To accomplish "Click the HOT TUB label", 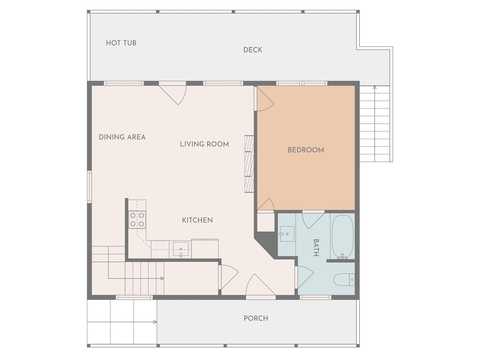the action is pyautogui.click(x=121, y=43).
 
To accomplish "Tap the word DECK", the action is pyautogui.click(x=253, y=50).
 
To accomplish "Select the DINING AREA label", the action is pyautogui.click(x=122, y=137).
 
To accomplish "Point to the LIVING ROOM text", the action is pyautogui.click(x=204, y=144).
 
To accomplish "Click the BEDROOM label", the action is pyautogui.click(x=306, y=150).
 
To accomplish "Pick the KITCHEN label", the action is pyautogui.click(x=197, y=220).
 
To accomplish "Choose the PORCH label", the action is pyautogui.click(x=256, y=318).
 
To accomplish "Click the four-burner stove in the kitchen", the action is pyautogui.click(x=137, y=220).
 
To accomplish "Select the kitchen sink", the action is pyautogui.click(x=181, y=249).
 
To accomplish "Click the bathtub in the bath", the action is pyautogui.click(x=342, y=237).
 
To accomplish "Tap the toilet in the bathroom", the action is pyautogui.click(x=344, y=280).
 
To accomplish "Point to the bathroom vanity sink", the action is pyautogui.click(x=287, y=234).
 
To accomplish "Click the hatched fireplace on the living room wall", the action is pyautogui.click(x=249, y=164).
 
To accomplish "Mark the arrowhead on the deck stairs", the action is pyautogui.click(x=375, y=87).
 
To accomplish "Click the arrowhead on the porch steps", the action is pyautogui.click(x=155, y=322).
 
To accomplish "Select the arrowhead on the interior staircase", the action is pyautogui.click(x=162, y=279).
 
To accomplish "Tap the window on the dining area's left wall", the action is pyautogui.click(x=89, y=187).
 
